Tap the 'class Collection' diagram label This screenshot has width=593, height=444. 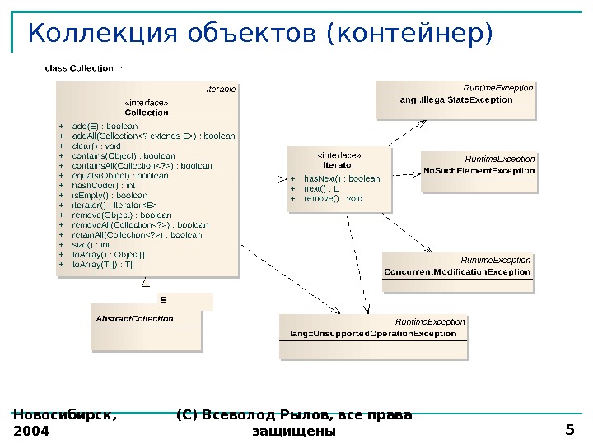tap(79, 68)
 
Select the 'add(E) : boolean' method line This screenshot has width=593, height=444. tap(105, 126)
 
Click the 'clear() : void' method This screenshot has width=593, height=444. tap(96, 146)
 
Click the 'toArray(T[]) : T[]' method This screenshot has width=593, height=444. tap(103, 265)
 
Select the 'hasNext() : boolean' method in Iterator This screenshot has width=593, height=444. tap(342, 178)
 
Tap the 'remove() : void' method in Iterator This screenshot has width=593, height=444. tap(333, 198)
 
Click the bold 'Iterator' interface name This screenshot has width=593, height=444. tap(339, 164)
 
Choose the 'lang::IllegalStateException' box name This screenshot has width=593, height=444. tap(455, 99)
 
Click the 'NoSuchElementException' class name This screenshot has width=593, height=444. tap(479, 171)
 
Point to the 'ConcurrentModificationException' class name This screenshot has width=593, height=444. tap(457, 271)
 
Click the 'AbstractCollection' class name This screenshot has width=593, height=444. tap(135, 318)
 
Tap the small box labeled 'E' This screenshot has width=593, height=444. tap(163, 301)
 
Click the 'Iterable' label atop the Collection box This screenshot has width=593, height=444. tap(221, 87)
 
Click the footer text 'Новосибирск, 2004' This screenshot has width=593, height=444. tap(64, 423)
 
